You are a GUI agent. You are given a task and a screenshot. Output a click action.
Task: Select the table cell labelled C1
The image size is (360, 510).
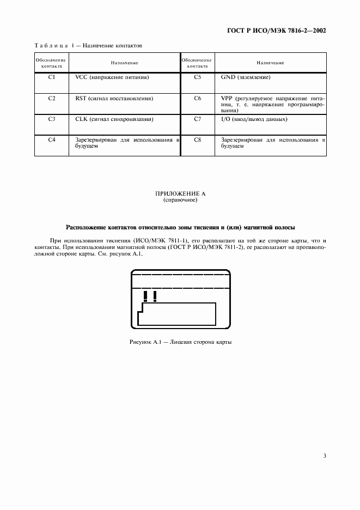point(52,78)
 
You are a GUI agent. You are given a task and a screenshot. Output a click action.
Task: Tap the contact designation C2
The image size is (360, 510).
point(52,99)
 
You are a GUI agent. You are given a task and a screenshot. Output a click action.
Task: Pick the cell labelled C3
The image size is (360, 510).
point(52,119)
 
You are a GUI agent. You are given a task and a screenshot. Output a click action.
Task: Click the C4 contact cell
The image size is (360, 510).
point(52,140)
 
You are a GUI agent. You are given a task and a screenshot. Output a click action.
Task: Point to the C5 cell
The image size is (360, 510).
point(197,78)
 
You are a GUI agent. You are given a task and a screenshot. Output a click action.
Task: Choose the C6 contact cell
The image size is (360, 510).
point(197,99)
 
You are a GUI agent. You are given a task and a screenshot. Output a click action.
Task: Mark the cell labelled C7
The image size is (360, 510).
point(197,119)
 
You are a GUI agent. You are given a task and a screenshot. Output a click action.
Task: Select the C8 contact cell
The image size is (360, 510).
point(197,140)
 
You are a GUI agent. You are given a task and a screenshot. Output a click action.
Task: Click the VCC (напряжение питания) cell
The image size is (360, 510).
point(112,78)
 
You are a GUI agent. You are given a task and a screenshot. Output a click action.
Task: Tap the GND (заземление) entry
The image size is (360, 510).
point(246,78)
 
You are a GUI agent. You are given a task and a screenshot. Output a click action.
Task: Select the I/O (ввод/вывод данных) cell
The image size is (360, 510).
point(254,119)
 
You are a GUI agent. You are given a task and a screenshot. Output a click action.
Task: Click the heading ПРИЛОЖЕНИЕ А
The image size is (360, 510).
point(180,194)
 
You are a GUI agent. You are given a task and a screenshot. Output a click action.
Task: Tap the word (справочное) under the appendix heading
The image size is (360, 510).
point(180,201)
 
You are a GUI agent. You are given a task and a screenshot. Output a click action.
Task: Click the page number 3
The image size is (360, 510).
point(324,456)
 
